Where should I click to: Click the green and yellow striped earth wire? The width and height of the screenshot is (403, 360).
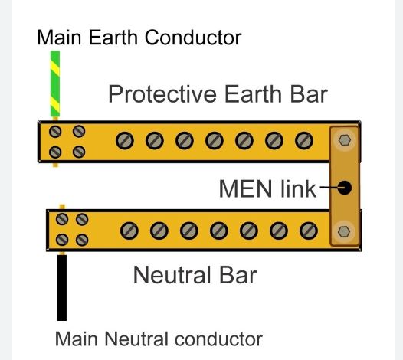(x=55, y=83)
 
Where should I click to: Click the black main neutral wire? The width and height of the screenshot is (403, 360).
(x=62, y=288)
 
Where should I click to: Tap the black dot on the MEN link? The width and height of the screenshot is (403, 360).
(x=344, y=188)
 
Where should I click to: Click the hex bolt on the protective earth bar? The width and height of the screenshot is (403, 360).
(x=345, y=140)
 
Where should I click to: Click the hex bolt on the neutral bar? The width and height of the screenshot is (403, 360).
(x=344, y=231)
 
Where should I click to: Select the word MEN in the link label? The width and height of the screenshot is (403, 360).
(x=245, y=189)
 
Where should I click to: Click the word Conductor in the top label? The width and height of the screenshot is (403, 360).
(x=193, y=38)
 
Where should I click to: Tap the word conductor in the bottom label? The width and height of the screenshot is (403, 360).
(x=218, y=339)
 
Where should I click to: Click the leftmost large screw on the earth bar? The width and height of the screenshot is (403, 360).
(x=125, y=141)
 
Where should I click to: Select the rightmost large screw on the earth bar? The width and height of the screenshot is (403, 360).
(x=304, y=141)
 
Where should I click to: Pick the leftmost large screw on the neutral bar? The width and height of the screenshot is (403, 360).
(x=129, y=231)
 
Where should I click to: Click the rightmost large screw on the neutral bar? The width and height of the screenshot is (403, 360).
(x=309, y=231)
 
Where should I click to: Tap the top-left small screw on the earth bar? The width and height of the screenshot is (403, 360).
(x=55, y=132)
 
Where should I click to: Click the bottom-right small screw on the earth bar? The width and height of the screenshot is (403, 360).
(x=79, y=152)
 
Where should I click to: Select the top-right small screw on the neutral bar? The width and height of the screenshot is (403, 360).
(x=82, y=219)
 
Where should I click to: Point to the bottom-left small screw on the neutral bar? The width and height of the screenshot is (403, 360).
(x=62, y=240)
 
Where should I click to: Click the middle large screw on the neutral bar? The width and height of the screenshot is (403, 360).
(x=219, y=231)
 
